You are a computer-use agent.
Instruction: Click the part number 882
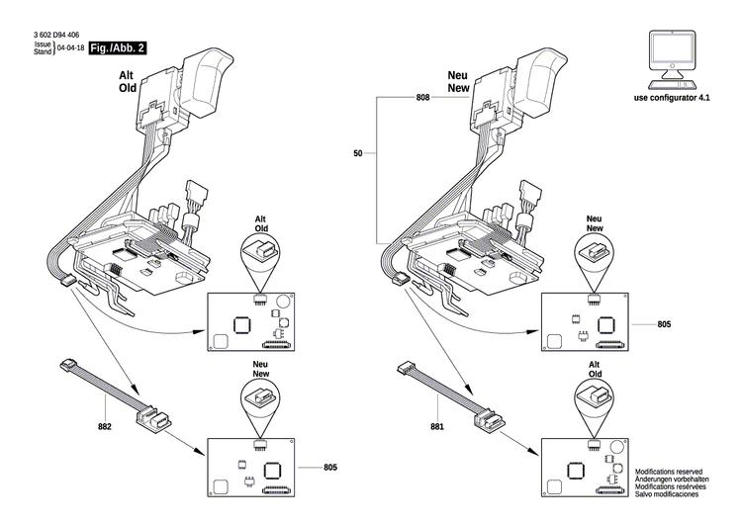pyautogui.click(x=106, y=428)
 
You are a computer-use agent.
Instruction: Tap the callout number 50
pyautogui.click(x=358, y=153)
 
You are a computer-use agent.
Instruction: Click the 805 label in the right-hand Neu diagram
pyautogui.click(x=664, y=323)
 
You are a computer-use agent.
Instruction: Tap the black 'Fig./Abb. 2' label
pyautogui.click(x=117, y=47)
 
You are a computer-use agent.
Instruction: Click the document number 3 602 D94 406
pyautogui.click(x=54, y=36)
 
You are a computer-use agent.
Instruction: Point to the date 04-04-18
pyautogui.click(x=70, y=47)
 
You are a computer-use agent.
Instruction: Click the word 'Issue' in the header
pyautogui.click(x=43, y=44)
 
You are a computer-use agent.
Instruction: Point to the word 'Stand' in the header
pyautogui.click(x=43, y=51)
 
